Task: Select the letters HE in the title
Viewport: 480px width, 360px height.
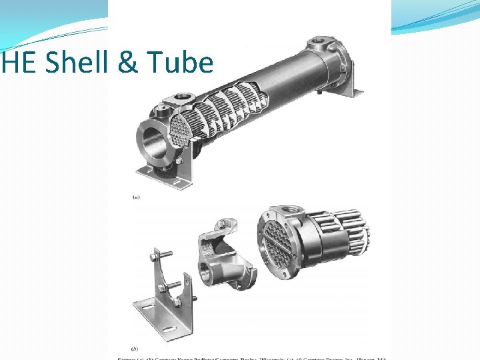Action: (13, 63)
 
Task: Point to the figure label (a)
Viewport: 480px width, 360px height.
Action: (137, 197)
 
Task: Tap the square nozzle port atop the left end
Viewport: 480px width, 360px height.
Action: (175, 99)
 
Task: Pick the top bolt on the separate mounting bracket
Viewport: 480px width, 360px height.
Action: (164, 256)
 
